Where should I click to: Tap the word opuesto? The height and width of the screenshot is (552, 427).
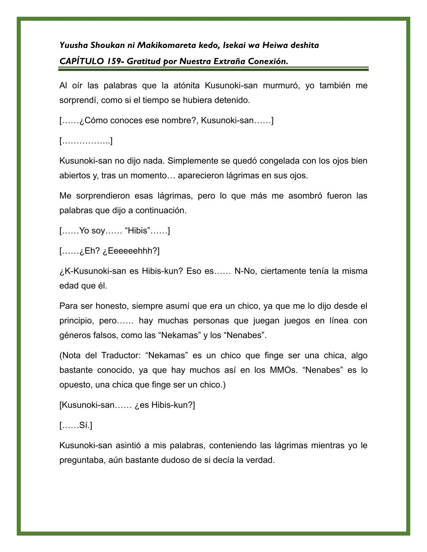(x=75, y=385)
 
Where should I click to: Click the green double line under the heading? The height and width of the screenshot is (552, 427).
(x=213, y=69)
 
